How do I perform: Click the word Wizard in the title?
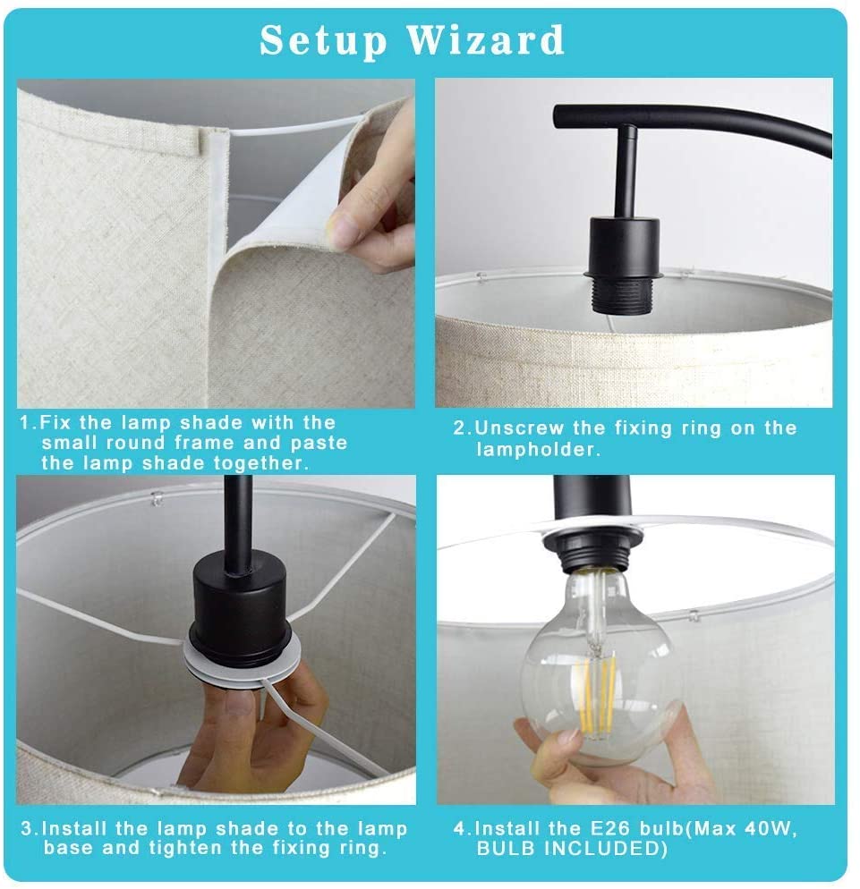pos(485,39)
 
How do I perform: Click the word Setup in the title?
pos(323,41)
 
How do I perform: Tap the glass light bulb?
pos(600,668)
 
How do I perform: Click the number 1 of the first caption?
pos(24,423)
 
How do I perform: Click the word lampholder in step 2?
pos(537,450)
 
